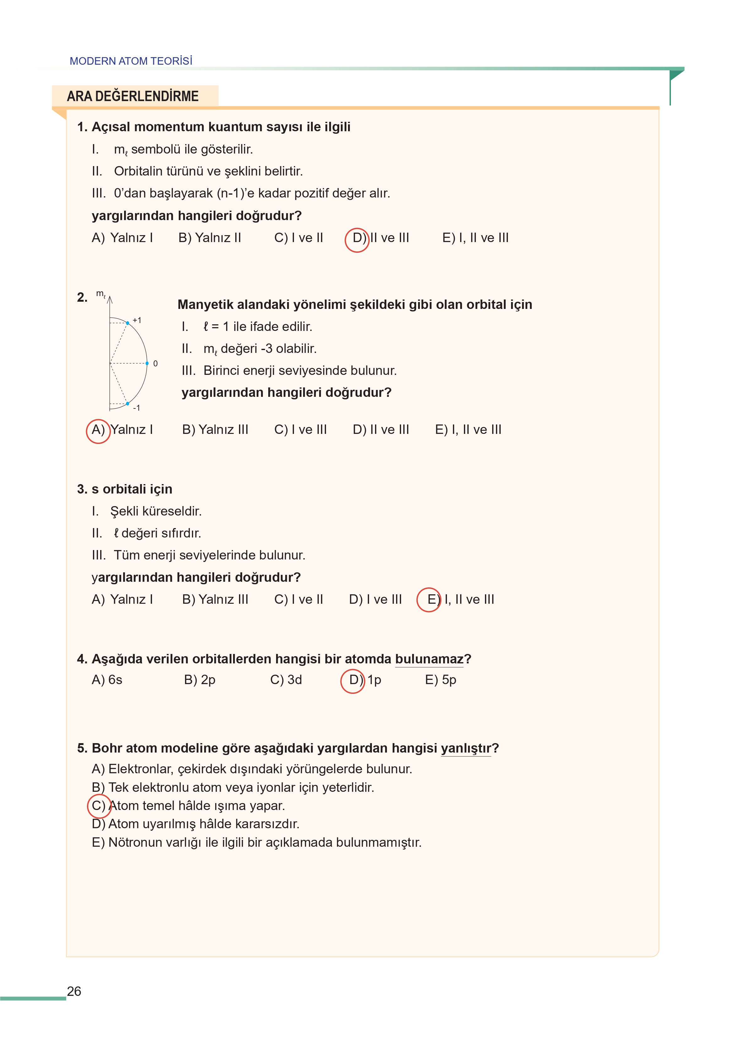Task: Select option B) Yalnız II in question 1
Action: point(210,238)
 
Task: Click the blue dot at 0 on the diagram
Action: point(147,363)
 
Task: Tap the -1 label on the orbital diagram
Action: point(136,408)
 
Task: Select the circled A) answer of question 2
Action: point(98,430)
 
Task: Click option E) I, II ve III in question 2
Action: point(468,430)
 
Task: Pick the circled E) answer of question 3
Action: point(428,600)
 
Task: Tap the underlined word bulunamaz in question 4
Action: point(429,659)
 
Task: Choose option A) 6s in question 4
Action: point(107,680)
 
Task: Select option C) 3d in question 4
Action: point(286,680)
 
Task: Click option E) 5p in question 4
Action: point(440,680)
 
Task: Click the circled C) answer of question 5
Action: point(99,806)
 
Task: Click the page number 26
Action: point(74,991)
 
